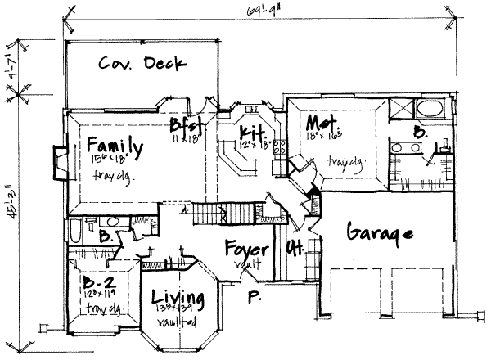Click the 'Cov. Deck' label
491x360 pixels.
(143, 63)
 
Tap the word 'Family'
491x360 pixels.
(115, 147)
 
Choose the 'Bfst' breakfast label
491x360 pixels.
(186, 126)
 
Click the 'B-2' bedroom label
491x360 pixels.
(100, 282)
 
